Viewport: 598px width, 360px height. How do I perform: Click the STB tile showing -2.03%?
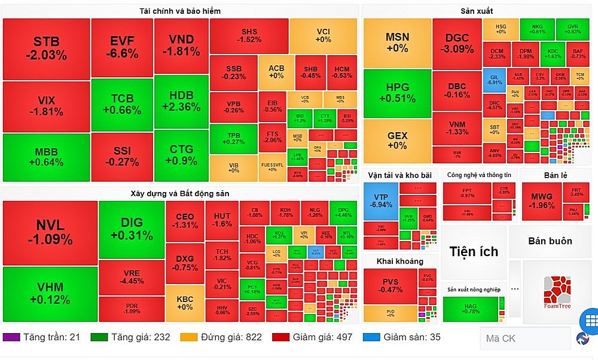46,49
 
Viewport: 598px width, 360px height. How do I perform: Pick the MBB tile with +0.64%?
46,157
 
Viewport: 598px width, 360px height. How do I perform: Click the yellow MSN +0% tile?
397,42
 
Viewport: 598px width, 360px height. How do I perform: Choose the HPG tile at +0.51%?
397,93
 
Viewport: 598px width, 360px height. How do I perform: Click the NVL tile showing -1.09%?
50,232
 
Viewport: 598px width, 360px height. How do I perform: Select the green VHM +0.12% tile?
50,294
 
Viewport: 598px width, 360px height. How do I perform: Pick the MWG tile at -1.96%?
542,200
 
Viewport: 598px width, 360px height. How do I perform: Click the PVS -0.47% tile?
390,286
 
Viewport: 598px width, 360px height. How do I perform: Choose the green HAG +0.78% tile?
471,309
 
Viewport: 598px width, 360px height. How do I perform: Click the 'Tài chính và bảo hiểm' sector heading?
180,11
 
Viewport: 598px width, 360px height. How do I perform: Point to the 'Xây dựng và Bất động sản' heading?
180,193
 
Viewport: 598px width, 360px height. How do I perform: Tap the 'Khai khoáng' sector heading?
399,261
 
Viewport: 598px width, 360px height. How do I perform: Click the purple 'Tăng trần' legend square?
11,337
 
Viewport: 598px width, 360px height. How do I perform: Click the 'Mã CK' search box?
524,338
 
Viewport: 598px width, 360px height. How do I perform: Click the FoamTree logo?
557,292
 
